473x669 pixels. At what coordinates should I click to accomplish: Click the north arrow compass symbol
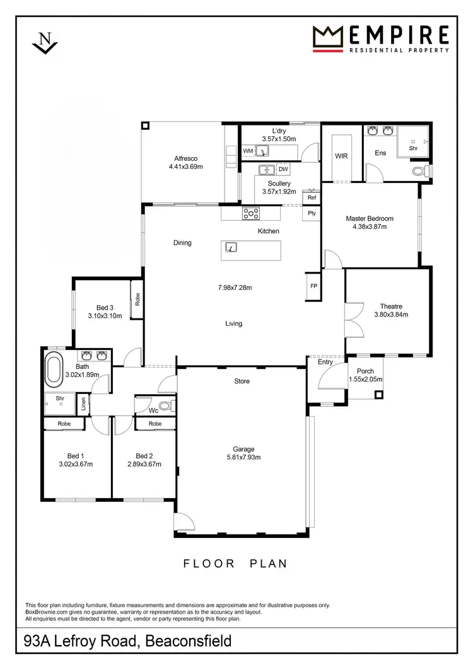44,42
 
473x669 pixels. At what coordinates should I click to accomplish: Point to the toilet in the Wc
165,405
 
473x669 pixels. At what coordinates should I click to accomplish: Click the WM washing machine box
248,151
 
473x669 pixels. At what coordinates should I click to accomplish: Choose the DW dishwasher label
283,170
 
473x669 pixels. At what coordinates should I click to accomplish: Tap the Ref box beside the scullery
312,197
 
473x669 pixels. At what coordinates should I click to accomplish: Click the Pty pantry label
312,214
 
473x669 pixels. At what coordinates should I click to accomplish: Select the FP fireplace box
313,285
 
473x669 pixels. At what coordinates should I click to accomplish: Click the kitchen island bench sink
231,247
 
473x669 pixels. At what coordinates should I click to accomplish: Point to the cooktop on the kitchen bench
251,214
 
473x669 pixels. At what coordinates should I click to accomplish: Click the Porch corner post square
378,395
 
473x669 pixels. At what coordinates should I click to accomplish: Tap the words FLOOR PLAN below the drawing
236,564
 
